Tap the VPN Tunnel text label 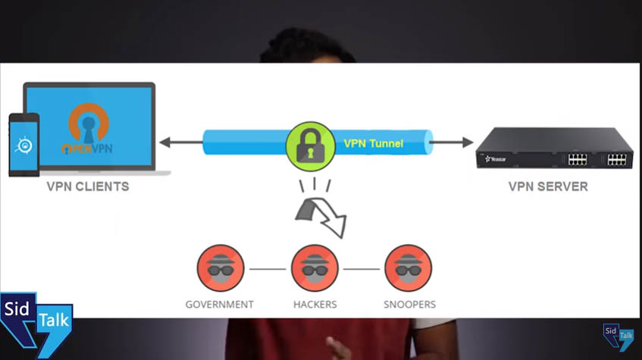click(x=374, y=142)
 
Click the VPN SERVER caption click(x=548, y=186)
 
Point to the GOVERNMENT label click(x=220, y=305)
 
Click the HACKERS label click(x=315, y=305)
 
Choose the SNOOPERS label click(x=409, y=305)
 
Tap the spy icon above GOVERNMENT click(x=220, y=268)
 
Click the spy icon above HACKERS click(x=315, y=268)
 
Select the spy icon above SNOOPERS click(x=409, y=268)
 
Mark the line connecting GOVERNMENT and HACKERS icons click(x=267, y=269)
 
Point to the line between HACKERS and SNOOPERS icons click(x=362, y=269)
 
